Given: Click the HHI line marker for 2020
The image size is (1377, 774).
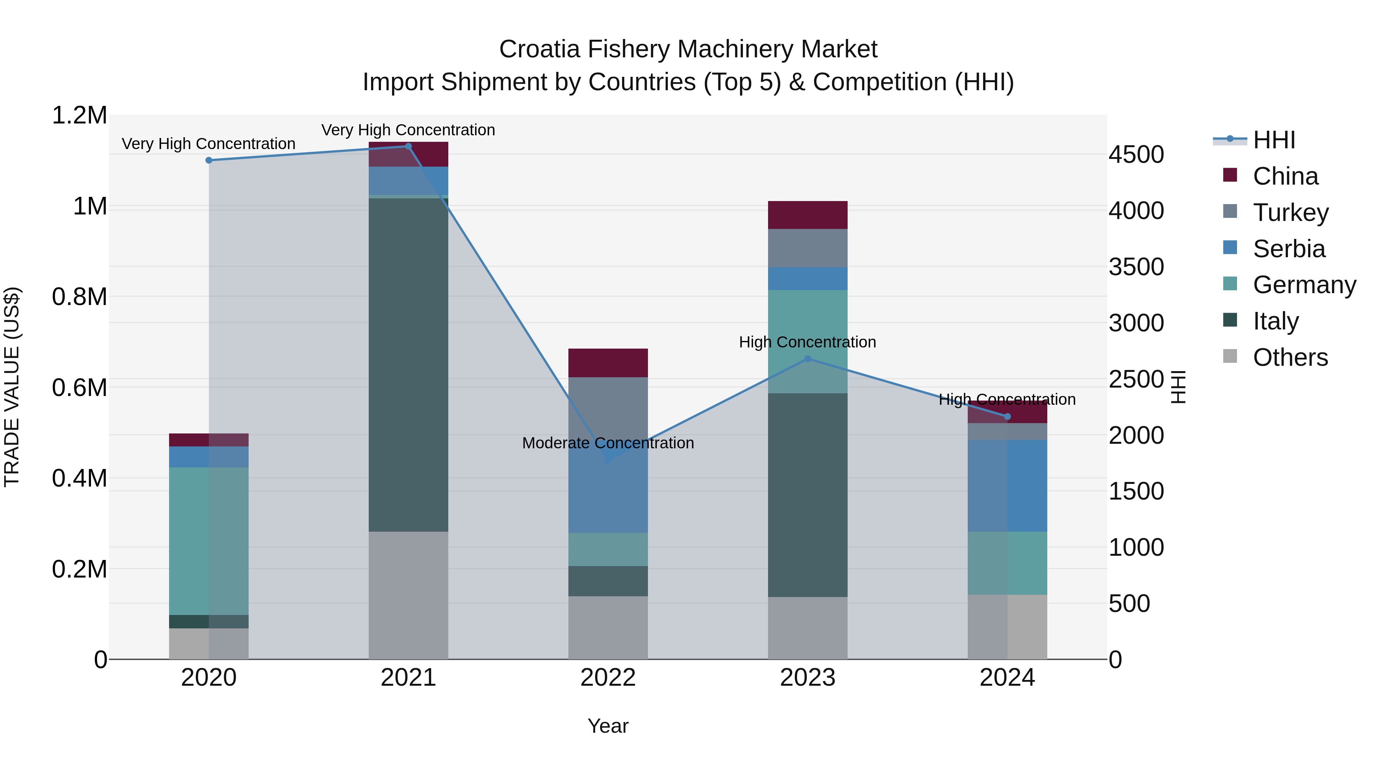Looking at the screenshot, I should [x=209, y=160].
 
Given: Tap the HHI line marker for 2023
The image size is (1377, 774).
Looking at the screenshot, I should [x=808, y=359].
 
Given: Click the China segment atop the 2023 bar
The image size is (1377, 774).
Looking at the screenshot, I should [x=808, y=215].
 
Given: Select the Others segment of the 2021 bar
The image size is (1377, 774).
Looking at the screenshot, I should [x=409, y=594].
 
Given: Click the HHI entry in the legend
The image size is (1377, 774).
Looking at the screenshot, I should [x=1273, y=140].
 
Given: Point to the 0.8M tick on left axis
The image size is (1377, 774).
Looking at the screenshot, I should [x=79, y=297].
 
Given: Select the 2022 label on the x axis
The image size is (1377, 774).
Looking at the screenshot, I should [x=608, y=678].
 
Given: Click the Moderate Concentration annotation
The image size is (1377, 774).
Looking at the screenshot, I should [x=608, y=443].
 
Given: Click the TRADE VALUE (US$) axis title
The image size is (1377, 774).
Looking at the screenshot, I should [x=12, y=387].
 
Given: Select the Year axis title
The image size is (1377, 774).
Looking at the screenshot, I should [x=608, y=726].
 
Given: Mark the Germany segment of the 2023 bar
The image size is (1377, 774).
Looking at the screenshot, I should [x=808, y=341].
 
